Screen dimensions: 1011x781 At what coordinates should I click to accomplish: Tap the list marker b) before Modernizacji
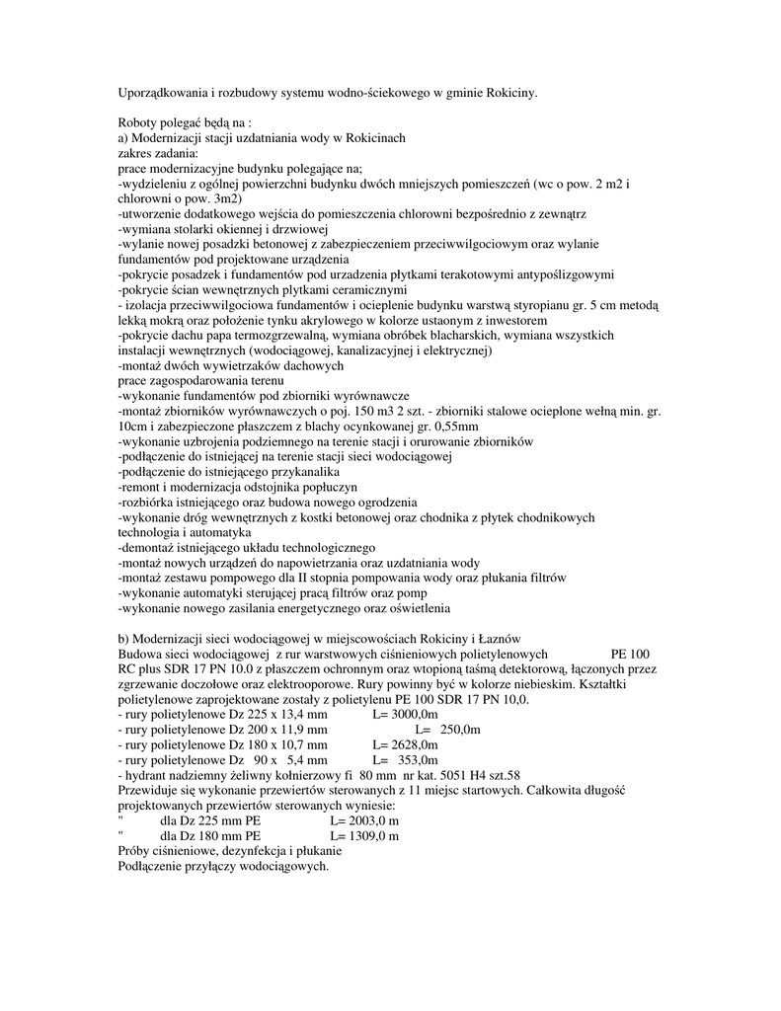pyautogui.click(x=123, y=639)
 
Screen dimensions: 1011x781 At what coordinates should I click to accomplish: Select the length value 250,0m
pyautogui.click(x=460, y=730)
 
